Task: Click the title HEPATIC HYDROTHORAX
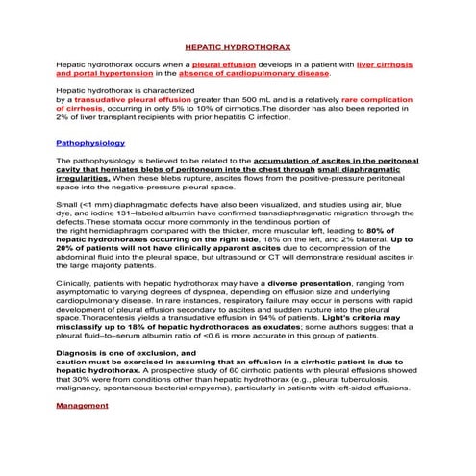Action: (238, 45)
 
